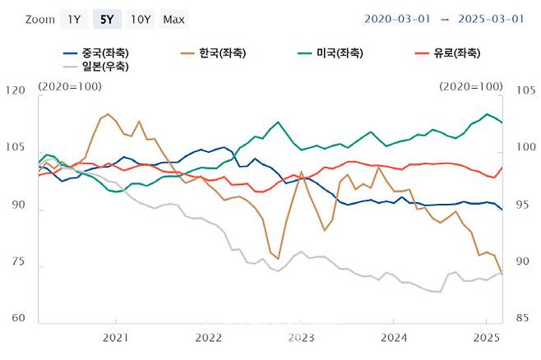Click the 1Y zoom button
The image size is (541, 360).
(75, 19)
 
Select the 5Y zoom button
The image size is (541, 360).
(108, 19)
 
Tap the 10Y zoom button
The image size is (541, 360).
(141, 19)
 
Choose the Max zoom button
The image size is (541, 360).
(173, 19)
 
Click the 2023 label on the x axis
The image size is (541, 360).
(301, 337)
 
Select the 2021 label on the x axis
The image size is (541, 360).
(115, 337)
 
